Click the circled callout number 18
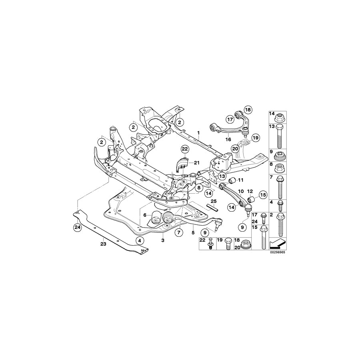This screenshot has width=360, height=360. [248, 110]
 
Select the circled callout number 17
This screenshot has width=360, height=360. [230, 119]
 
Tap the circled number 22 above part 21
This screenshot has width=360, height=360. [184, 149]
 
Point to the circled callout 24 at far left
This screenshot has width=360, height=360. [77, 228]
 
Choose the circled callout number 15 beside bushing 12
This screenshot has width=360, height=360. [262, 195]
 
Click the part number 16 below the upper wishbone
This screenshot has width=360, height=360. [228, 140]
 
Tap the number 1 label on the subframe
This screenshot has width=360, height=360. [198, 132]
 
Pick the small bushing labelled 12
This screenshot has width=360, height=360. [252, 199]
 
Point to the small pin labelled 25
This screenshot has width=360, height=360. [212, 207]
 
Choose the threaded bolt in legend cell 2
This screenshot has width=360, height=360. [279, 224]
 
